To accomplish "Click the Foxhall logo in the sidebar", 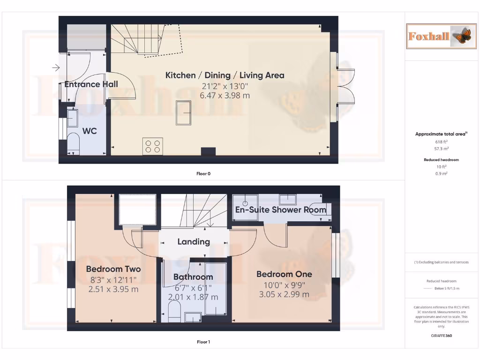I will [436, 36].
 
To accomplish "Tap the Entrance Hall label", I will [91, 84].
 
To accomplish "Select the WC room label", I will [90, 131].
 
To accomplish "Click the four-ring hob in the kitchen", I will [153, 146].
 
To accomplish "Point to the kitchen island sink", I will [183, 112].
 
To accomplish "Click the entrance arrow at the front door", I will [56, 68].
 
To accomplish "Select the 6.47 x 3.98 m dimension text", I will [225, 95].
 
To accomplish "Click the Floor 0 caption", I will [203, 173].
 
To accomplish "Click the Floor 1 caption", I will [203, 342].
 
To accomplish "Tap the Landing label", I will [193, 242].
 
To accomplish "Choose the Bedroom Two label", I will [113, 269].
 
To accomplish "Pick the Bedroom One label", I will [284, 274].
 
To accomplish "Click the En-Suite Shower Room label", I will [280, 210].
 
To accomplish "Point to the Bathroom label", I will [193, 277].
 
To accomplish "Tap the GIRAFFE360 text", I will [441, 336].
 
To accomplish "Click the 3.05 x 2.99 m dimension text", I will [284, 294].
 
